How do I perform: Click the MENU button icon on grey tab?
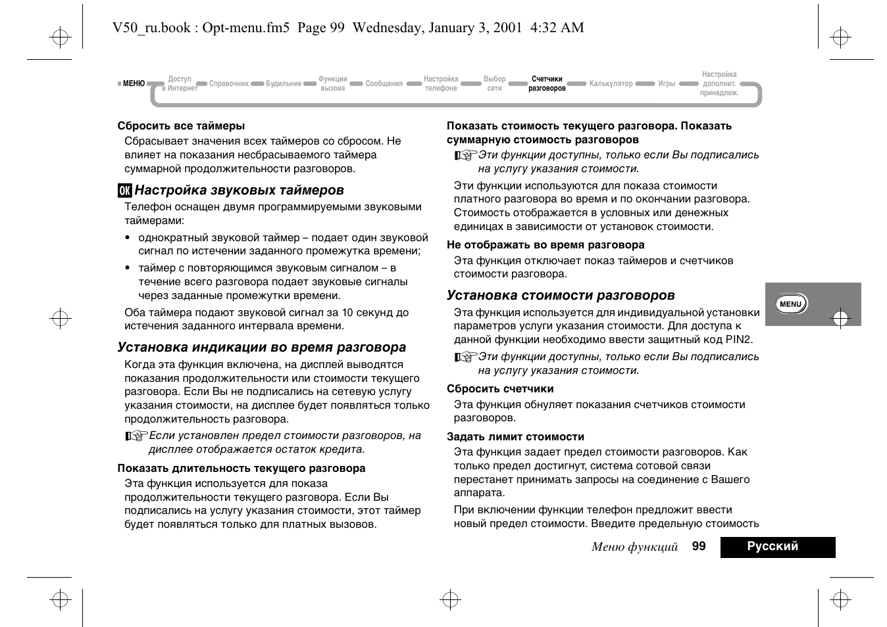[x=790, y=304]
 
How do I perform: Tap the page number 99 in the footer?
[x=699, y=546]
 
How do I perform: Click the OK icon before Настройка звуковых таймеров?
[x=124, y=191]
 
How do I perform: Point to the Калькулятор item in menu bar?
[x=611, y=84]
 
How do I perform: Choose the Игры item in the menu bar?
[x=667, y=84]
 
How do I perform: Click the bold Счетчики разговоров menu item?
[x=547, y=83]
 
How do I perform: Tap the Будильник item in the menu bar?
[x=284, y=84]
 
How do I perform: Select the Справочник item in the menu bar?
[x=229, y=84]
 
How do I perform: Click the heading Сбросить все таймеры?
[x=181, y=126]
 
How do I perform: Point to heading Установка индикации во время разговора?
[x=261, y=347]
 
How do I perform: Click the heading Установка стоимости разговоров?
[x=561, y=295]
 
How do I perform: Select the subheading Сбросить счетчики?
[x=500, y=388]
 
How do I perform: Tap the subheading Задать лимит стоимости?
[x=515, y=436]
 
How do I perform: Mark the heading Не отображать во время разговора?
[x=545, y=244]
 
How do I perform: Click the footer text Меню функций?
[x=634, y=547]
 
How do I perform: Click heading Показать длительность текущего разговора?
[x=241, y=468]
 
